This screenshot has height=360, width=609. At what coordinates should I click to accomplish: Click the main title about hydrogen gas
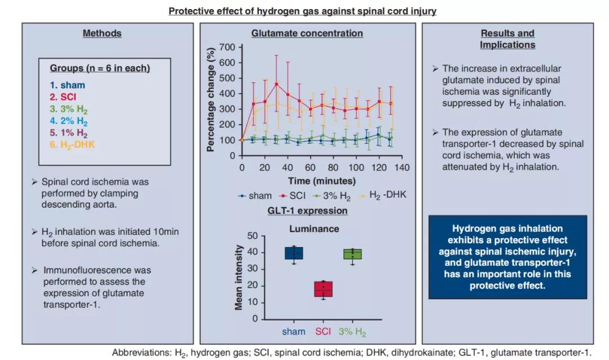(x=302, y=11)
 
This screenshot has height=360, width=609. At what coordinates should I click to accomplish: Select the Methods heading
(x=102, y=33)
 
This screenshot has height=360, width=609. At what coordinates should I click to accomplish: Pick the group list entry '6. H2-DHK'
(x=72, y=144)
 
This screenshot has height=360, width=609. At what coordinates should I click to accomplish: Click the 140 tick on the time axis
(x=401, y=168)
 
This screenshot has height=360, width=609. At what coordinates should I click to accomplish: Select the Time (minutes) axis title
(x=322, y=181)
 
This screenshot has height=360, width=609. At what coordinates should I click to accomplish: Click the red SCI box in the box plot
(x=323, y=289)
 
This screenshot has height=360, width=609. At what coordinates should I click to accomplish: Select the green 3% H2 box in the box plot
(x=352, y=254)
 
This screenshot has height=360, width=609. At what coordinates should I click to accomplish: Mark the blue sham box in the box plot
(x=293, y=253)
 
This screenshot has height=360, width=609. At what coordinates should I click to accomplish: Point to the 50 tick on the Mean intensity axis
(x=253, y=236)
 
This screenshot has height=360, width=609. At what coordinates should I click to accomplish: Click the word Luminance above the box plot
(x=314, y=229)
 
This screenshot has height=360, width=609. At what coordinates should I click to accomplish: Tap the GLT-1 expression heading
(x=307, y=211)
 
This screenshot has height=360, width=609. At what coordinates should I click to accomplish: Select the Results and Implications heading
(x=507, y=39)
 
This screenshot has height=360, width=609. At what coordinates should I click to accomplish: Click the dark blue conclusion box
(x=507, y=257)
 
